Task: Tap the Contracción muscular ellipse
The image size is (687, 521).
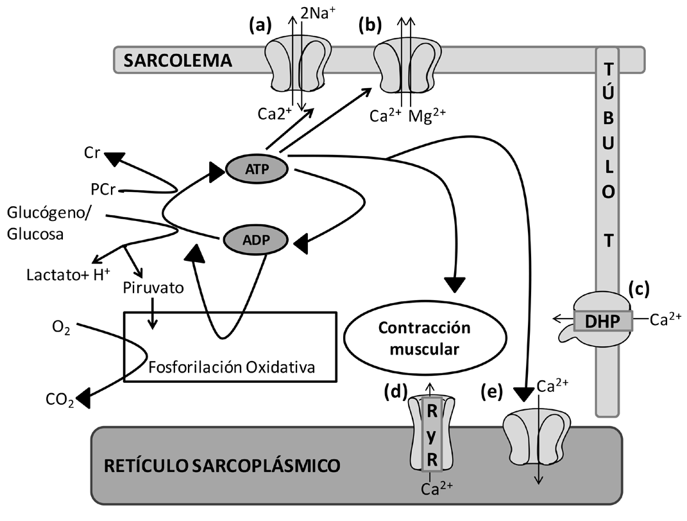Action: (425, 338)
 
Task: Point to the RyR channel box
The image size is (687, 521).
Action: (432, 432)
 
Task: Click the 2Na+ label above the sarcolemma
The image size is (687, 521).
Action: (318, 12)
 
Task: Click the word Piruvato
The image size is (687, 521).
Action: (153, 288)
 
